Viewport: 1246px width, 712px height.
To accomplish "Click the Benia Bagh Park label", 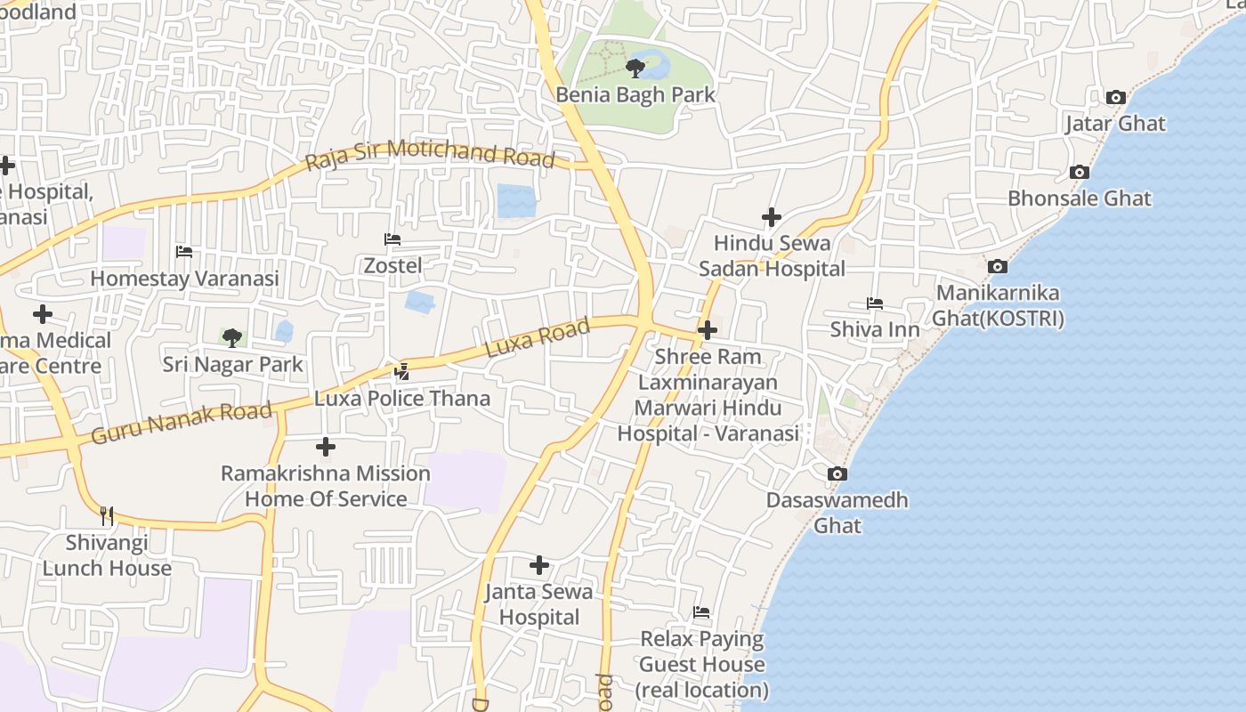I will point(635,94).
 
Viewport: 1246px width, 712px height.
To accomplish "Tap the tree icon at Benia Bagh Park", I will point(635,68).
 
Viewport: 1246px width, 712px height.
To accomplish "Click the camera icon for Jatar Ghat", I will point(1115,97).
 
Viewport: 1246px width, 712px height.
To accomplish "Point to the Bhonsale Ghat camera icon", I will point(1080,172).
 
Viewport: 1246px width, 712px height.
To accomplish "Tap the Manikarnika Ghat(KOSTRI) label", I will point(998,305).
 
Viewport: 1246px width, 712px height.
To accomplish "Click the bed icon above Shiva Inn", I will point(875,303).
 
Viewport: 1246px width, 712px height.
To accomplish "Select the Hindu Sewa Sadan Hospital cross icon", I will point(772,217).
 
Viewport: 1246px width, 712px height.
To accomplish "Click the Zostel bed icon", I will point(392,239).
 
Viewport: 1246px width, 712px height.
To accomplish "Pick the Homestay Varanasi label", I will point(185,279).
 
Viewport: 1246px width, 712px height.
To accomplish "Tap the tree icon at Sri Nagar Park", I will point(232,338).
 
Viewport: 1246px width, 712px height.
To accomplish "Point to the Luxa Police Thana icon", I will point(402,371).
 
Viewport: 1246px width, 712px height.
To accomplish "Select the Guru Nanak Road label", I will point(182,423).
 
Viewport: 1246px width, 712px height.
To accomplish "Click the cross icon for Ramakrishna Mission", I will point(326,447).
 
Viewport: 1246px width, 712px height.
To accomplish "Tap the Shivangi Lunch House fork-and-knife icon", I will point(107,515).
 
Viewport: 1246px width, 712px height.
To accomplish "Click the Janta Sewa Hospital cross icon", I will point(539,565).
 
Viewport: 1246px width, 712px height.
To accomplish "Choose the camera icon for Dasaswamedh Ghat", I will point(837,474).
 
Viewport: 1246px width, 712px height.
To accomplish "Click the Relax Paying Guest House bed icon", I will point(701,612).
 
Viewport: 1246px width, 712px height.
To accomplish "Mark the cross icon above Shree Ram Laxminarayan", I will point(708,331).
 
